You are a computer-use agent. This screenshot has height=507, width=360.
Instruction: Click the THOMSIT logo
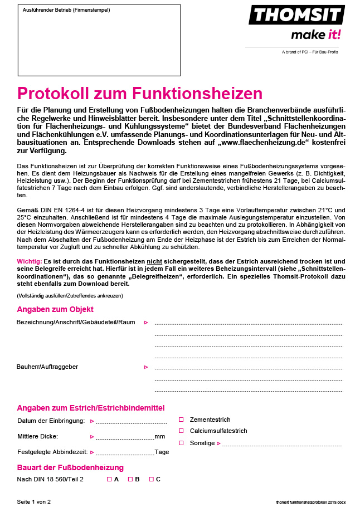tap(296, 15)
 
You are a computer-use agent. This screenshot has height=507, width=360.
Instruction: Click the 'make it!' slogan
tap(315, 35)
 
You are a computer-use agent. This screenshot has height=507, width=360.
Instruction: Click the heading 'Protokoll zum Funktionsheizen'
tap(139, 92)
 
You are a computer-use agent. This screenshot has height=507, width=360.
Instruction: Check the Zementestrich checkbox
tap(181, 420)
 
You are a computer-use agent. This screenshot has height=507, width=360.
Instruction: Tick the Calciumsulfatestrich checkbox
tap(181, 431)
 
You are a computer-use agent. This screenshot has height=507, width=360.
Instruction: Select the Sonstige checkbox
tap(181, 443)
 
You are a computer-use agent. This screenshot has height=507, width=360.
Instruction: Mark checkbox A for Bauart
tap(109, 479)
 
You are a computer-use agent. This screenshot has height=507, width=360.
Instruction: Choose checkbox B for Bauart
tap(130, 479)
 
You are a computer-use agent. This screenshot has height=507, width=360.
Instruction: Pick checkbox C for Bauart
tap(151, 479)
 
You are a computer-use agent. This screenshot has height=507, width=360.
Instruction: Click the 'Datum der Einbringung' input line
tap(132, 422)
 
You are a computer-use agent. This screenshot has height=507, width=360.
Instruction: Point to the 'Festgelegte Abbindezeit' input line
tap(125, 454)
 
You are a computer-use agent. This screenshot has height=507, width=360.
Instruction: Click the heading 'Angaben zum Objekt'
tap(55, 309)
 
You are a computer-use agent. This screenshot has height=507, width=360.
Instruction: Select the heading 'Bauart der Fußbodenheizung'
tap(70, 467)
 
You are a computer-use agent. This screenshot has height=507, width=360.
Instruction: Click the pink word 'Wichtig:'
tap(30, 261)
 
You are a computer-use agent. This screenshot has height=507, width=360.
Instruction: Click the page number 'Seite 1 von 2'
tap(34, 501)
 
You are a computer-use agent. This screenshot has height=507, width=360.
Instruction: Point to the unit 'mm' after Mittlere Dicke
tap(160, 436)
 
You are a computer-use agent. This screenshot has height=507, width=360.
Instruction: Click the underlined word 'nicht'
tap(154, 261)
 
